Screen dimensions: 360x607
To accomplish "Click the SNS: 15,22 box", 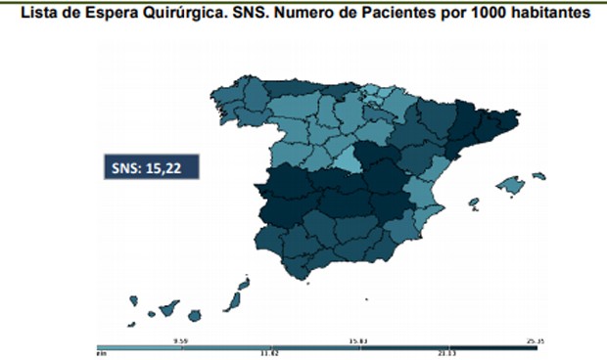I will point(151,167).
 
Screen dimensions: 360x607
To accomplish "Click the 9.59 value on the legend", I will point(179,340).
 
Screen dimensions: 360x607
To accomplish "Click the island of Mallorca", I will point(511,183).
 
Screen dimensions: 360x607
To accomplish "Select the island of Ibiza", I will point(473,202).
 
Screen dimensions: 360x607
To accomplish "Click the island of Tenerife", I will point(167,309).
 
